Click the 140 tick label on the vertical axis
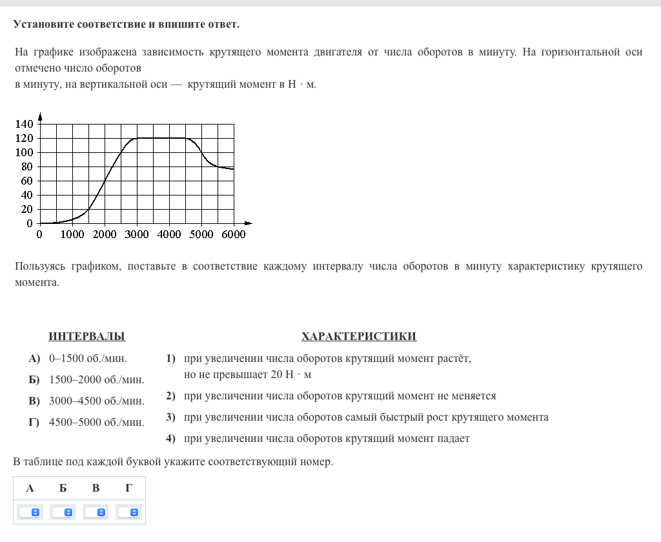tap(24, 124)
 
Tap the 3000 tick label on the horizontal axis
tap(136, 235)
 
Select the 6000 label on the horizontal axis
tap(233, 235)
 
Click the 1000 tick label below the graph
tap(72, 235)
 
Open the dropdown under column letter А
tap(30, 512)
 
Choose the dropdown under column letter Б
tap(63, 512)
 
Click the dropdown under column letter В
tap(96, 512)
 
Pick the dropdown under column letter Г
tap(129, 512)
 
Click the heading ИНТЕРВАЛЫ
tap(87, 336)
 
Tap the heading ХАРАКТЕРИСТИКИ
tap(358, 336)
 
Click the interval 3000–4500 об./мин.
tap(97, 401)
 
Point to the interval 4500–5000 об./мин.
tap(97, 422)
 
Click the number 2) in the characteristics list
tap(170, 396)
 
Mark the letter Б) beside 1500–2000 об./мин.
tap(34, 379)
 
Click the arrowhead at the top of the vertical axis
tap(40, 116)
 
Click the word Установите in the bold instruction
tap(43, 25)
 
